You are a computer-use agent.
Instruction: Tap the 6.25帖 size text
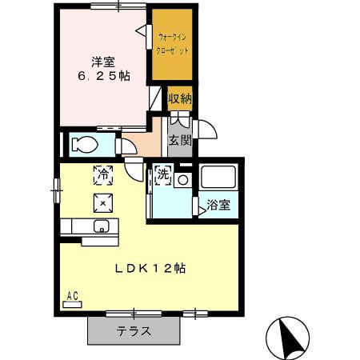click(x=103, y=76)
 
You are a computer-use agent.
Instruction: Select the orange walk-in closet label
click(x=173, y=42)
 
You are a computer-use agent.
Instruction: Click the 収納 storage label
click(x=179, y=99)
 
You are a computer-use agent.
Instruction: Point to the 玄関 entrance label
click(x=179, y=142)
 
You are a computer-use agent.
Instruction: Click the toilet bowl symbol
click(x=84, y=145)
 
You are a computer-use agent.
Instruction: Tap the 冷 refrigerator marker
click(x=103, y=172)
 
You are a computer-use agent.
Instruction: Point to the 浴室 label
click(x=218, y=205)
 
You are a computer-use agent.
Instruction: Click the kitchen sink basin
click(x=102, y=226)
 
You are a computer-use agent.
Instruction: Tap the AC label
click(x=72, y=295)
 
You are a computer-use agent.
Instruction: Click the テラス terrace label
click(x=134, y=330)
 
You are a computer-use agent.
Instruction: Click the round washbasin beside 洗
click(x=183, y=180)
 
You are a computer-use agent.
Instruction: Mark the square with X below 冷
click(x=103, y=201)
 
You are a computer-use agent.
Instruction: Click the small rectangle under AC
click(x=72, y=305)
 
